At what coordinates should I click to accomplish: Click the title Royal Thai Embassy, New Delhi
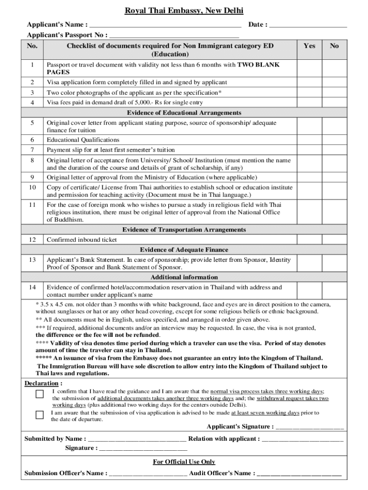(x=184, y=11)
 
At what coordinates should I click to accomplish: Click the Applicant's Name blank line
(x=165, y=25)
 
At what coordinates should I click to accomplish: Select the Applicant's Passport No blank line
(x=174, y=35)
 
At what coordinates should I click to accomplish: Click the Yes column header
(x=309, y=46)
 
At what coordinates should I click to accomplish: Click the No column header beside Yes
(x=335, y=46)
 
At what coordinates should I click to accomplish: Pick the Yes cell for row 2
(x=309, y=82)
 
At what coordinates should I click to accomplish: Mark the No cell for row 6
(x=335, y=140)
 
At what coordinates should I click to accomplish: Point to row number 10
(x=32, y=188)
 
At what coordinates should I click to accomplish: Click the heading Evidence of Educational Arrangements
(x=184, y=113)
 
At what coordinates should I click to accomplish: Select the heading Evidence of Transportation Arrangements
(x=184, y=230)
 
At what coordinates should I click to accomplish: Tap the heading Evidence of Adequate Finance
(x=184, y=250)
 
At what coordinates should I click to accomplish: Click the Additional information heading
(x=184, y=277)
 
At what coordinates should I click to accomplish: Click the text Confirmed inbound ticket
(x=82, y=240)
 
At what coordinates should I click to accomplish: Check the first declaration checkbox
(x=40, y=394)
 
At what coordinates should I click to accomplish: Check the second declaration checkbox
(x=40, y=414)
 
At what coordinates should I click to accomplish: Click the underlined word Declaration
(x=42, y=383)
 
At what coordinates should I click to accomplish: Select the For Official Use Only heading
(x=184, y=462)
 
